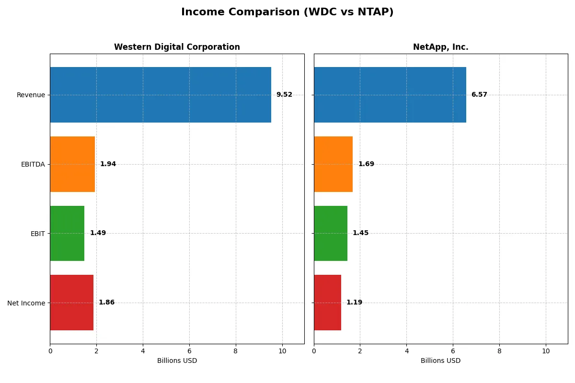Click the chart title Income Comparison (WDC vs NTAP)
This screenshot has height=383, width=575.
(287, 12)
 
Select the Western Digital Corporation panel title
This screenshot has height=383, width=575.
(177, 47)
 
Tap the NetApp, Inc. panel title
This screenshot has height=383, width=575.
(440, 47)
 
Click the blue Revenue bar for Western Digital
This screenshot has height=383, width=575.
(161, 95)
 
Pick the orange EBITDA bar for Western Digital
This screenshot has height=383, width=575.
(72, 164)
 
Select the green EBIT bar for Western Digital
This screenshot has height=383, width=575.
(67, 233)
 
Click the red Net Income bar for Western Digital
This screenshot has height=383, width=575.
(71, 303)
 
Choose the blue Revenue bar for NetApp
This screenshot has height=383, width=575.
(390, 95)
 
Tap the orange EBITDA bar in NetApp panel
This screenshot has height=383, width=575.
(333, 164)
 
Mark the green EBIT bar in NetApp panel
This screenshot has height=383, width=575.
(331, 233)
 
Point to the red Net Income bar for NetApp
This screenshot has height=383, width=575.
(327, 303)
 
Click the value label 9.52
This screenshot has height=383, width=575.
(284, 95)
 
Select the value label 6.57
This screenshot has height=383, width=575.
(479, 95)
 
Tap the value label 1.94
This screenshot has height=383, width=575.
(108, 164)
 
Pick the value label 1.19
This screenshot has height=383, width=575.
(354, 303)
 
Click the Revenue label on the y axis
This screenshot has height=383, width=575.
(31, 95)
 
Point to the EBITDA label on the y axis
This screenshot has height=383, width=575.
(33, 164)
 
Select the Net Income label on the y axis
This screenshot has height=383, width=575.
(26, 303)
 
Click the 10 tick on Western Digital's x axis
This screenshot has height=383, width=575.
(282, 351)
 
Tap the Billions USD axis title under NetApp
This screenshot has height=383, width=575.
(440, 361)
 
